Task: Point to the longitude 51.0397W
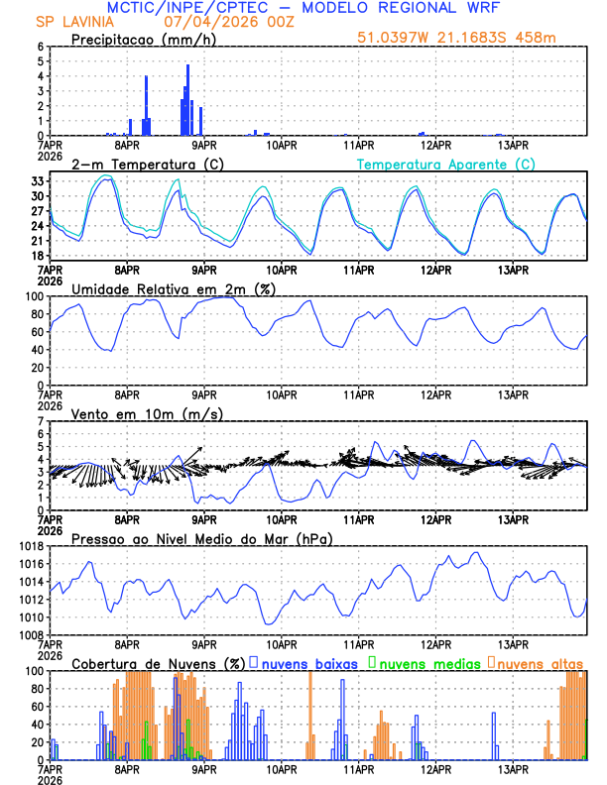pos(397,40)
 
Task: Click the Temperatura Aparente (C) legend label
pos(446,164)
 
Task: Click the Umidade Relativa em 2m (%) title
pos(178,288)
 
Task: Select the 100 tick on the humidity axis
pos(32,296)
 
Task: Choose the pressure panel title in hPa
pos(201,538)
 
